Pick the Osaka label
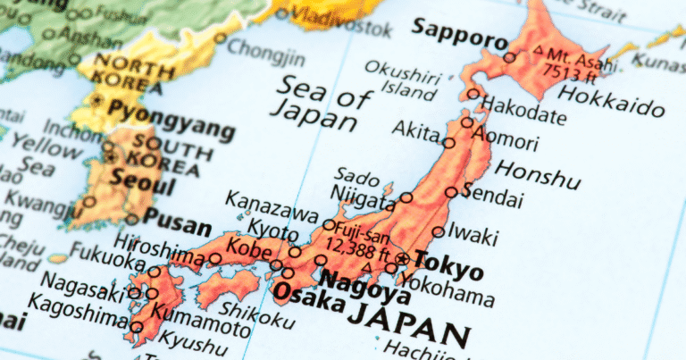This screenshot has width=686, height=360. pos(308,295)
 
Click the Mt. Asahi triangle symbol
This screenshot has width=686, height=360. pos(537,50)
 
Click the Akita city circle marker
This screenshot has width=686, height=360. pos(449,142)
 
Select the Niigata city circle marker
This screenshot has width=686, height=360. pos(406,197)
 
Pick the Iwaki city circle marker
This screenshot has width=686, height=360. pos(438,231)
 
